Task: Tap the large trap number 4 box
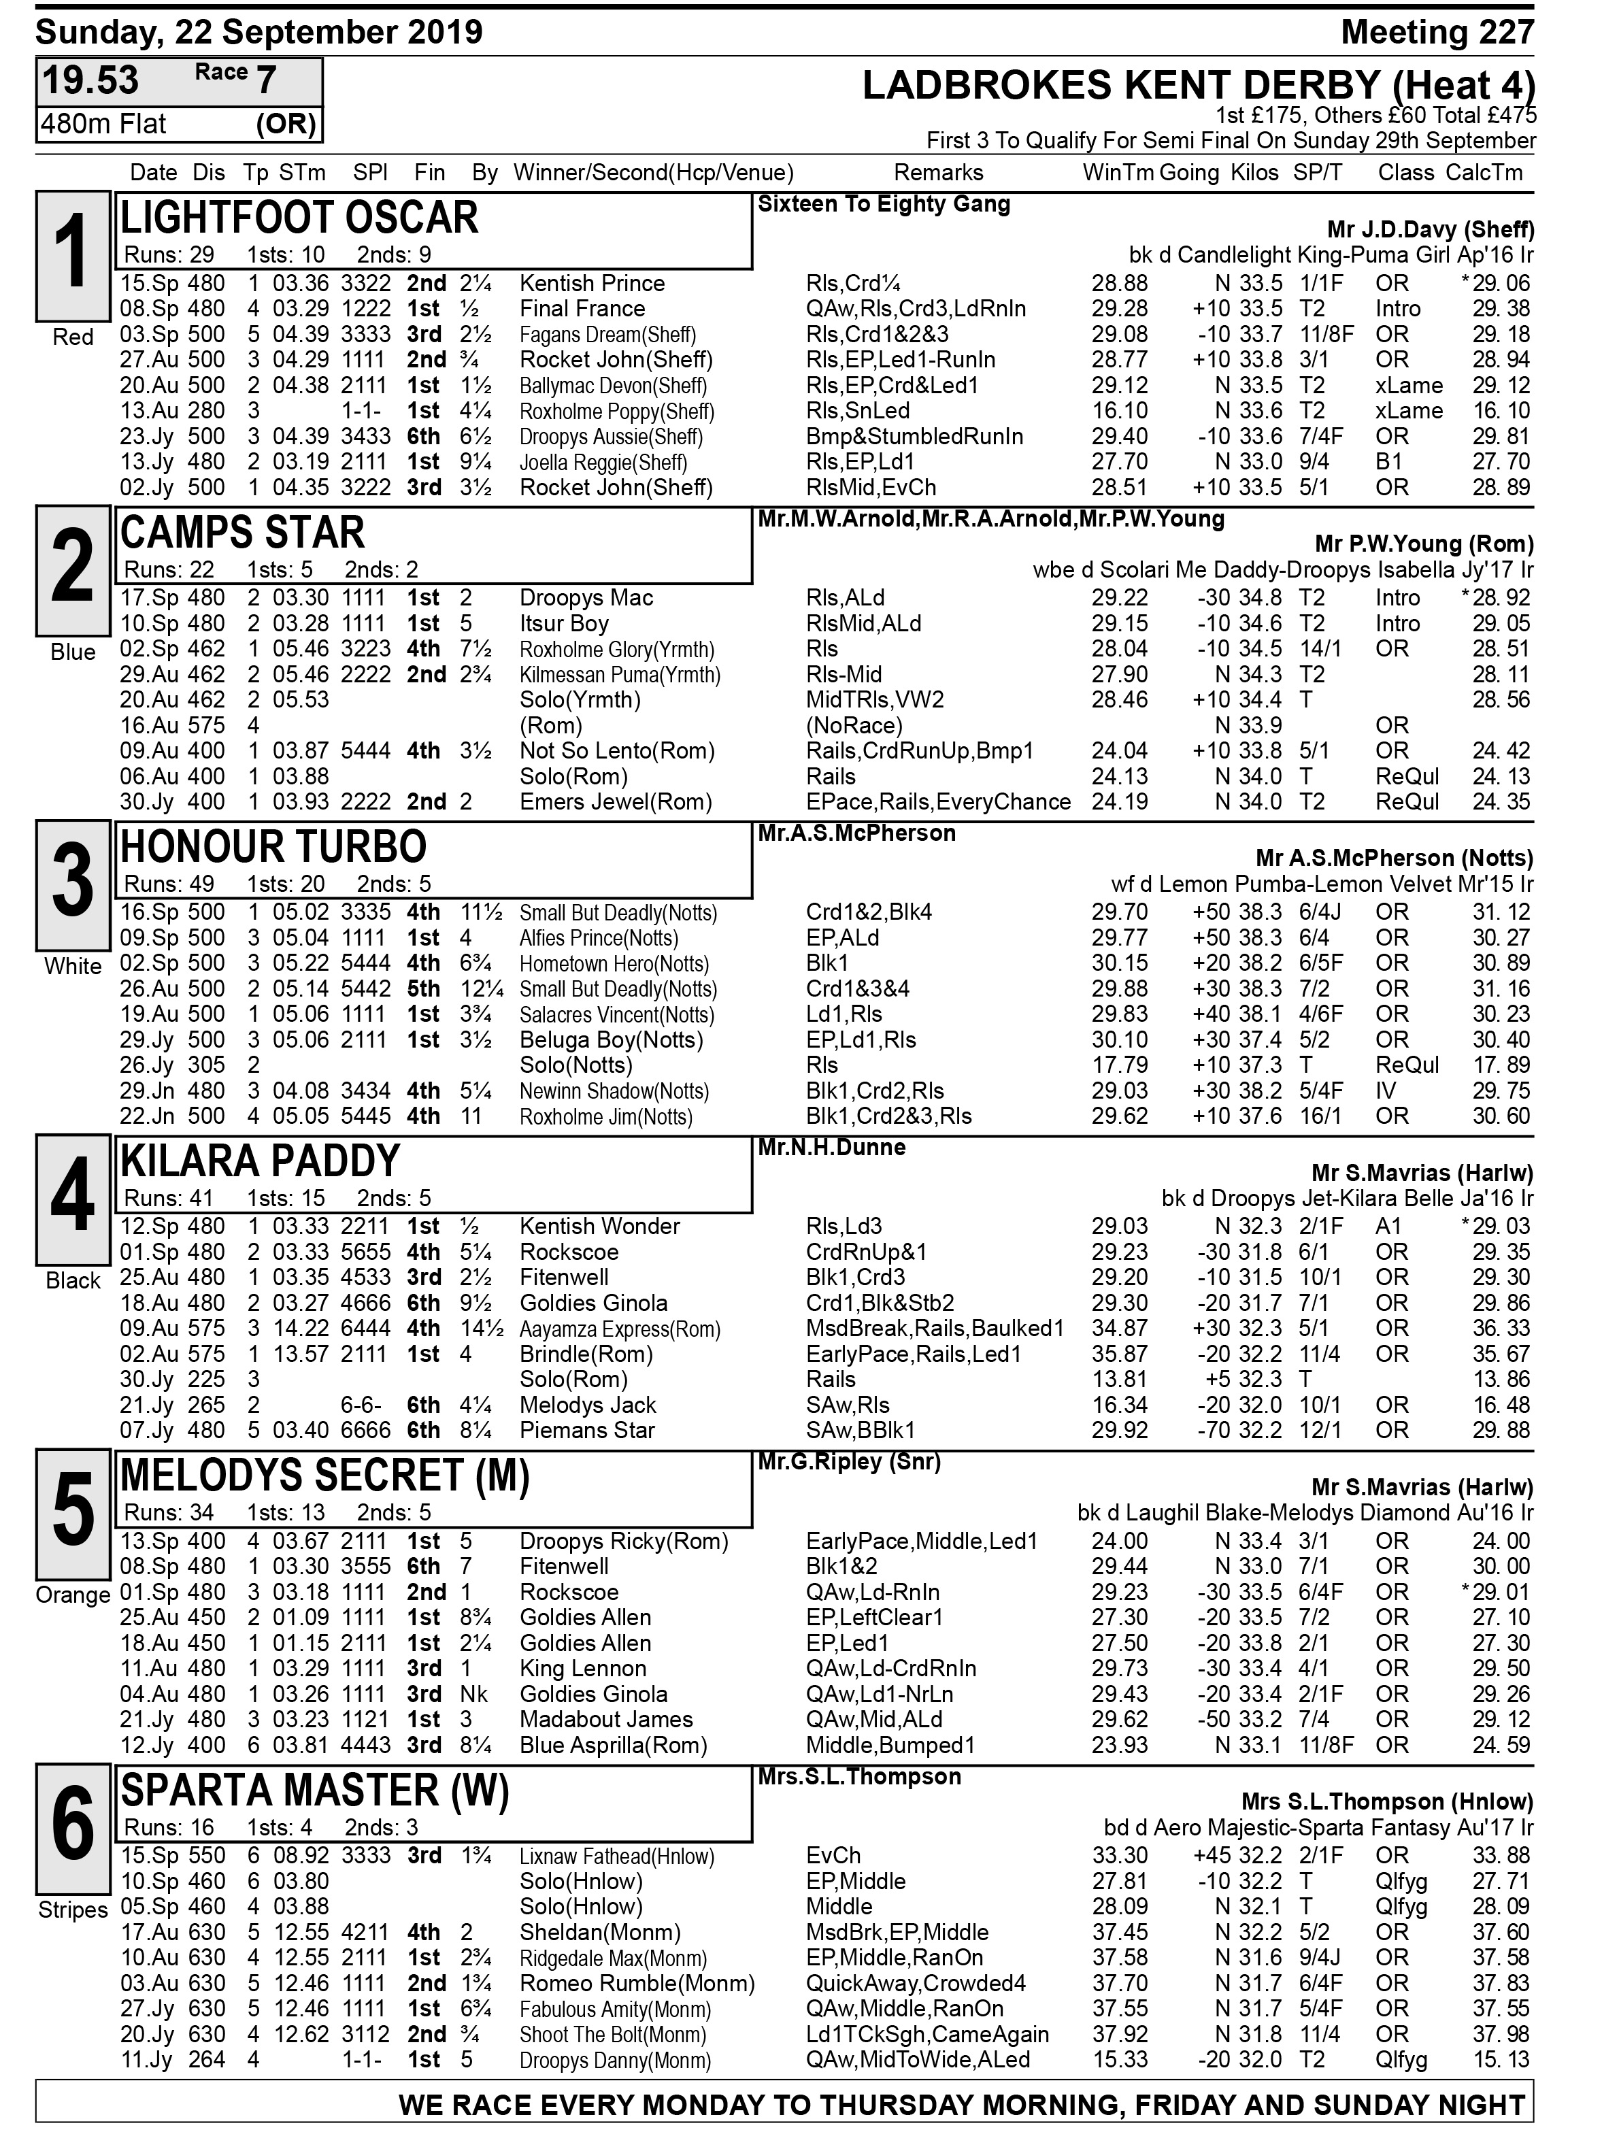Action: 73,1199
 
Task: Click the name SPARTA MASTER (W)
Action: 314,1790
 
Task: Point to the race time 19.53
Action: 90,81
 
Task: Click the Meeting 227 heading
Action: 1436,33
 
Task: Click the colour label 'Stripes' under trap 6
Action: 73,1910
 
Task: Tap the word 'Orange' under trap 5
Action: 73,1595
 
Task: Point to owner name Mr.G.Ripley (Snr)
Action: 848,1462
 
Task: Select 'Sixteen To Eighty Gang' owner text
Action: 884,204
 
